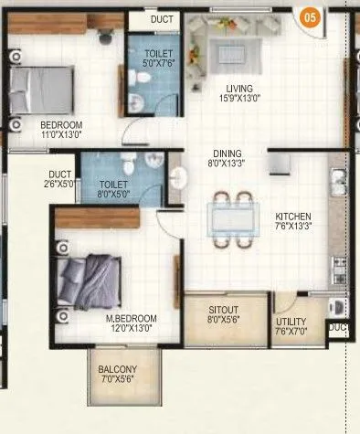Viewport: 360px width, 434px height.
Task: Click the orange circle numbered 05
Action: pyautogui.click(x=312, y=16)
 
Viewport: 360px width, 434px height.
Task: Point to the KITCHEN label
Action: pyautogui.click(x=294, y=217)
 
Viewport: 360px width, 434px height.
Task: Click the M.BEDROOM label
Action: pyautogui.click(x=133, y=318)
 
